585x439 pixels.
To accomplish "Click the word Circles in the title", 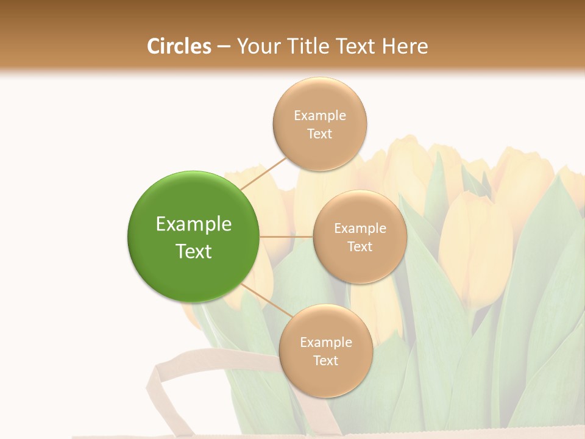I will point(179,46).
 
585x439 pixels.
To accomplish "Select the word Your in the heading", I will point(256,46).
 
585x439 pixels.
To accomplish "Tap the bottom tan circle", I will point(325,378).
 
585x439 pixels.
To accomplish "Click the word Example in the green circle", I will point(194,224).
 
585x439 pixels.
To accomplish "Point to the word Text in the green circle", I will point(194,251).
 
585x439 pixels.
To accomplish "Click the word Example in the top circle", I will point(320,115).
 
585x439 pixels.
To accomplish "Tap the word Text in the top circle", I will point(320,134).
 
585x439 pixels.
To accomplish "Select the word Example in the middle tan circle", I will point(360,229).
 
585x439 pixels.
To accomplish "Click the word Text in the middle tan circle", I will point(360,246).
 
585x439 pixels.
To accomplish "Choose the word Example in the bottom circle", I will point(325,342).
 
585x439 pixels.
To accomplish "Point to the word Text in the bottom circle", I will point(325,360).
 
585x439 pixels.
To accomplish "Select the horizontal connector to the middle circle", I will point(286,237).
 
